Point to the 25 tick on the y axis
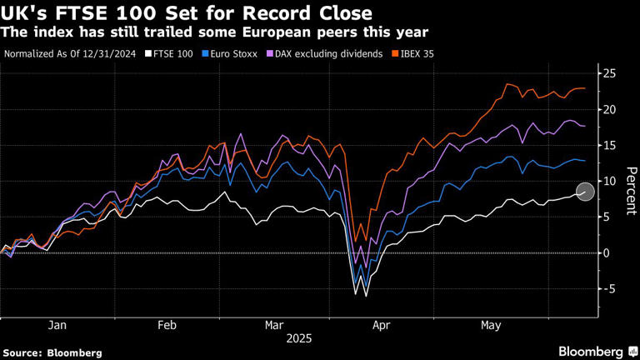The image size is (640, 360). (610, 74)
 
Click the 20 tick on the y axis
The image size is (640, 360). (610, 110)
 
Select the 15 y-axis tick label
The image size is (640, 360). (610, 146)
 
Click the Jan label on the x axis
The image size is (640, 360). (57, 327)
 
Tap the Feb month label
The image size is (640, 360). (166, 327)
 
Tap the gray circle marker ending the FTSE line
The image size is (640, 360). (586, 192)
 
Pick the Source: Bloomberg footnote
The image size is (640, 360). (52, 352)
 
